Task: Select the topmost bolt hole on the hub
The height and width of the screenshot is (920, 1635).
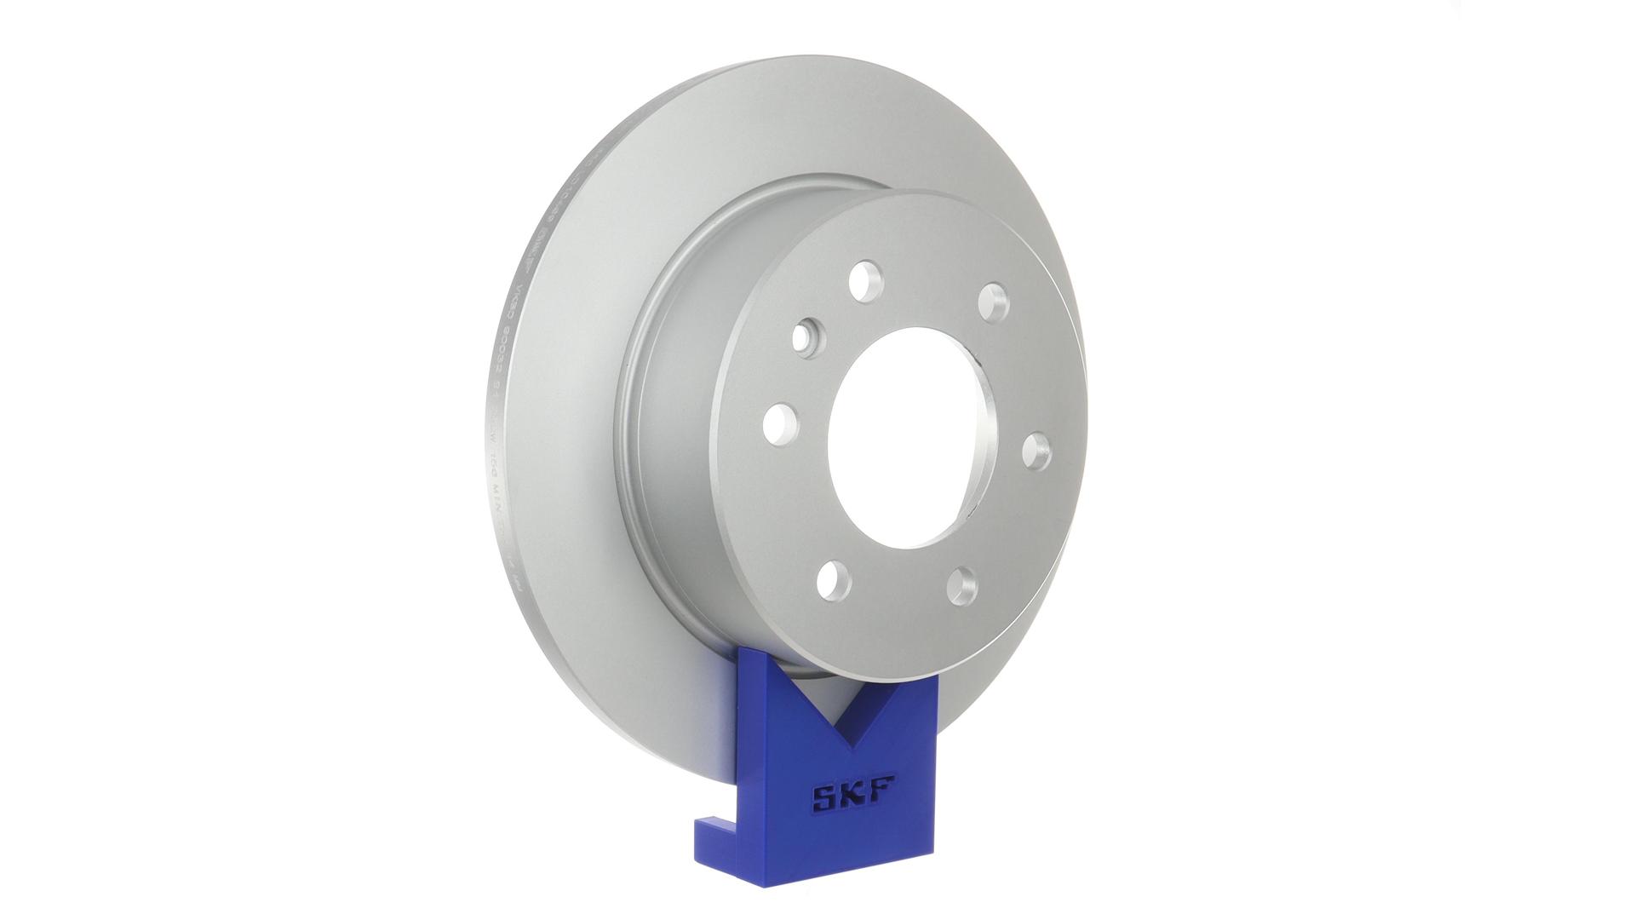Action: [866, 280]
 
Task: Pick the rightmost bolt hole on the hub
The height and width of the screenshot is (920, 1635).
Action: [1036, 452]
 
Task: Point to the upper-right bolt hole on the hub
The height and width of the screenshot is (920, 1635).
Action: [992, 302]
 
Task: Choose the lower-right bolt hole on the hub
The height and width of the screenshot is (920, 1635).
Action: [962, 585]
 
